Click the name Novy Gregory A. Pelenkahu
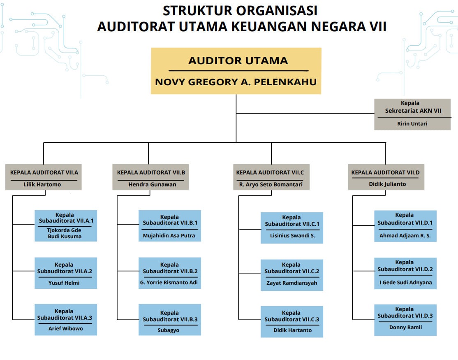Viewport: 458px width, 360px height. click(236, 82)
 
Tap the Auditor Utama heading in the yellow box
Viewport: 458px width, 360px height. click(238, 61)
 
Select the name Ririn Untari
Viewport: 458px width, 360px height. click(412, 123)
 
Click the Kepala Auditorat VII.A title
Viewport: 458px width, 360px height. click(44, 172)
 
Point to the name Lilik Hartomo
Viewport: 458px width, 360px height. click(42, 184)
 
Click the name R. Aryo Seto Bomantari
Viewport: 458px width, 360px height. click(271, 184)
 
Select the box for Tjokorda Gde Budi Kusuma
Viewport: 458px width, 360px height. click(66, 226)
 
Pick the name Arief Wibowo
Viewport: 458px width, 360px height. click(66, 329)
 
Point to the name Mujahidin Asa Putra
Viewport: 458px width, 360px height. click(169, 236)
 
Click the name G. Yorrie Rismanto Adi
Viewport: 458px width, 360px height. click(169, 283)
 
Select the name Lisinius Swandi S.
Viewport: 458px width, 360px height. click(292, 236)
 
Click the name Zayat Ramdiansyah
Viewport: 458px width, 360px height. click(291, 283)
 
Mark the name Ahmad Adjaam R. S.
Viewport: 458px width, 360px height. click(405, 236)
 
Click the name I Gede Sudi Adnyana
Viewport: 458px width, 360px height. click(405, 283)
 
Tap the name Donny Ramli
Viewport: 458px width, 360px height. click(405, 327)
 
